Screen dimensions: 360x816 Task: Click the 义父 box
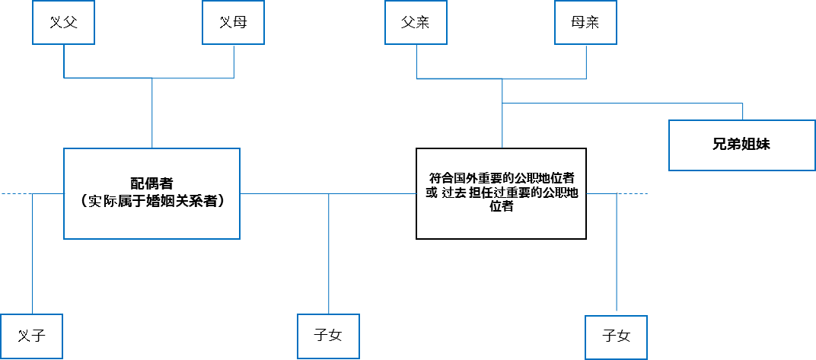pyautogui.click(x=64, y=22)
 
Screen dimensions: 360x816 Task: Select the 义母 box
pyautogui.click(x=233, y=22)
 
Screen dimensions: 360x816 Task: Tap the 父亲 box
pyautogui.click(x=416, y=22)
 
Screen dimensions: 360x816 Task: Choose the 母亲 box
pyautogui.click(x=585, y=22)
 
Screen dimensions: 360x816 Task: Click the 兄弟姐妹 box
pyautogui.click(x=741, y=145)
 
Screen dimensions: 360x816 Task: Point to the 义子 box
pyautogui.click(x=31, y=335)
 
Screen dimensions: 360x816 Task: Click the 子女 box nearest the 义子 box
pyautogui.click(x=328, y=335)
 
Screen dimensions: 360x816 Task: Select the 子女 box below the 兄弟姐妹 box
pyautogui.click(x=617, y=336)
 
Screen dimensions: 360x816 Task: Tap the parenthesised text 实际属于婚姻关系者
pyautogui.click(x=151, y=202)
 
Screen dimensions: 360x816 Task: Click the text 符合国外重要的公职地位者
pyautogui.click(x=502, y=178)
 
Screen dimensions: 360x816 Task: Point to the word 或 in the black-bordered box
pyautogui.click(x=432, y=193)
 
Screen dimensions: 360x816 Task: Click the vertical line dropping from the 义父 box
pyautogui.click(x=64, y=61)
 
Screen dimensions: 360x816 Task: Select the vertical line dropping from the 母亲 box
pyautogui.click(x=586, y=61)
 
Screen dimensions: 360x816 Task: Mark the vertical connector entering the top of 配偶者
pyautogui.click(x=152, y=114)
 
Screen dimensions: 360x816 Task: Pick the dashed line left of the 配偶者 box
pyautogui.click(x=15, y=194)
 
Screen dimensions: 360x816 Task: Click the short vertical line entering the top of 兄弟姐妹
pyautogui.click(x=742, y=111)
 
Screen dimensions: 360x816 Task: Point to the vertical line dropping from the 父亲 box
pyautogui.click(x=417, y=61)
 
